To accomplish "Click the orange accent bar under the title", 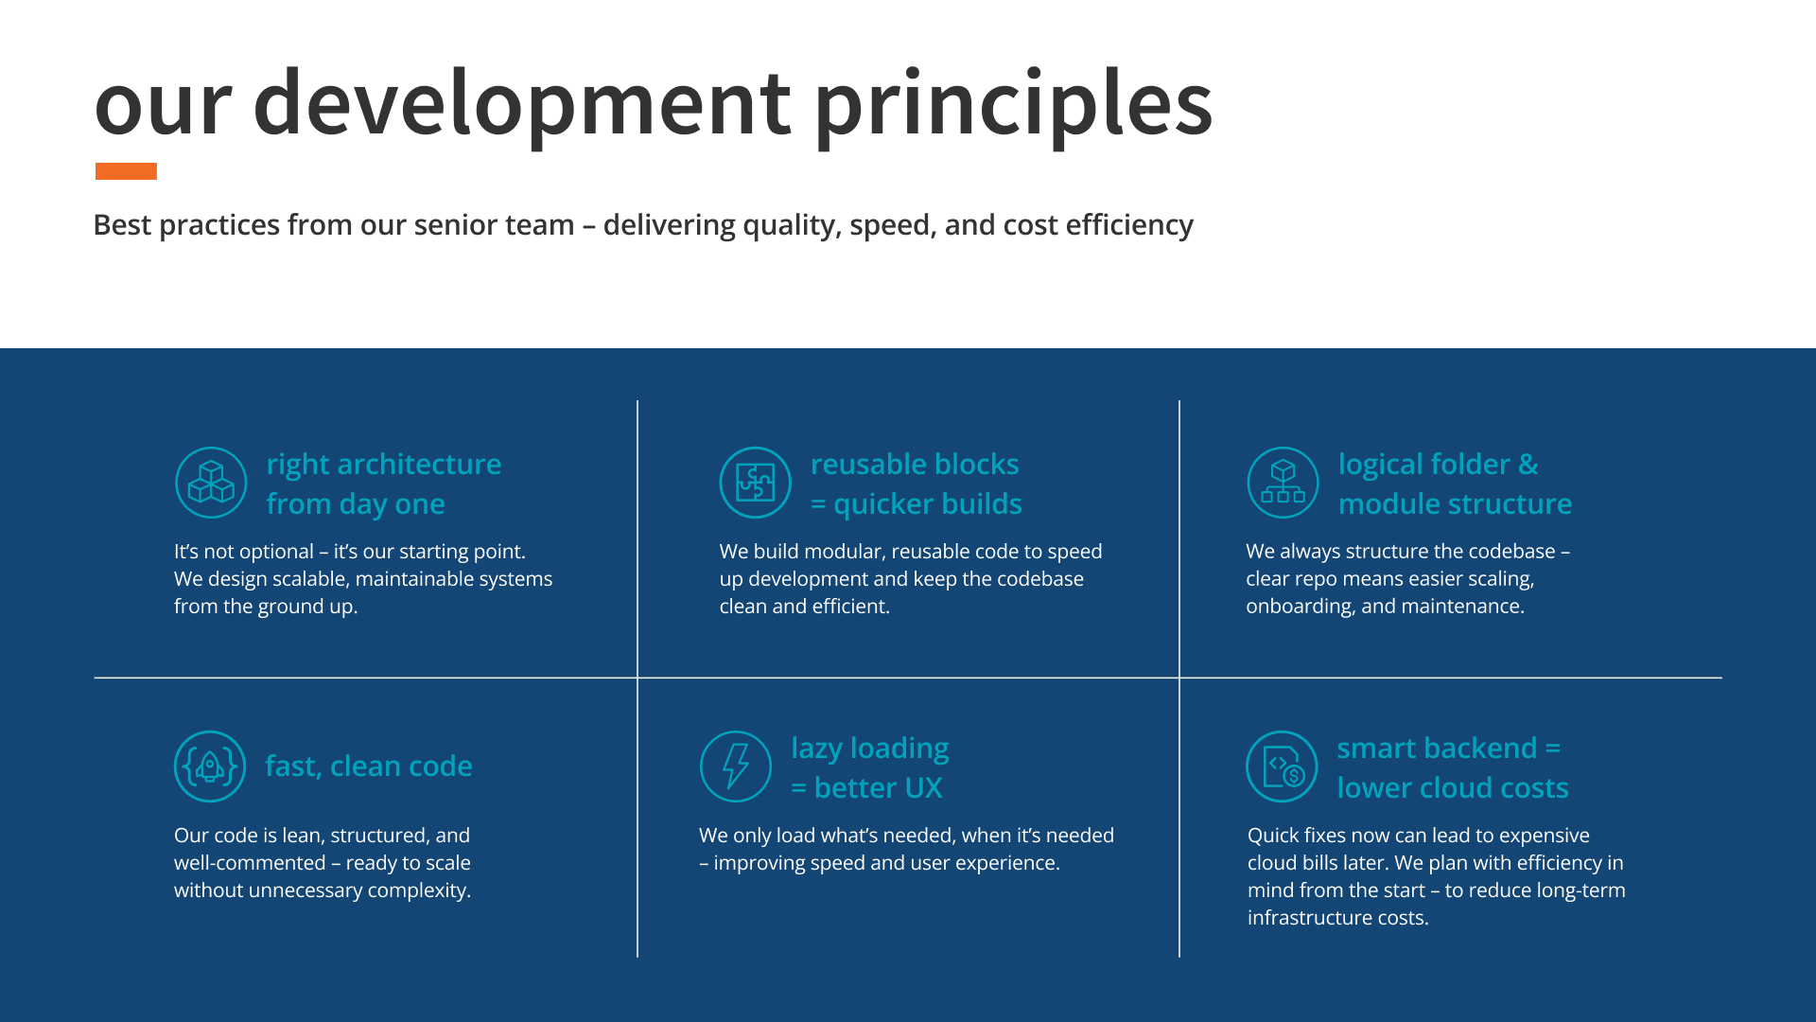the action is [x=126, y=171].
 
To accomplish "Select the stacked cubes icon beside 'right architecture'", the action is [x=211, y=483].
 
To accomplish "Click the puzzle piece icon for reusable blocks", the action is [x=756, y=483].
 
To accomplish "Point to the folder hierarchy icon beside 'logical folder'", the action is [x=1283, y=483].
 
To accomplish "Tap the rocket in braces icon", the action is [x=210, y=766].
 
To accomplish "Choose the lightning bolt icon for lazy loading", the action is [x=736, y=766].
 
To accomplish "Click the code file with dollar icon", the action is [x=1283, y=766].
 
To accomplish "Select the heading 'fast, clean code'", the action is [x=369, y=766].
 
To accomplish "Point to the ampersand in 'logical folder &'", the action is [x=1528, y=465].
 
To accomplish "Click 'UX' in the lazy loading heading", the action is [x=923, y=788].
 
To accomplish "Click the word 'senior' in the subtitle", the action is [x=445, y=225].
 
